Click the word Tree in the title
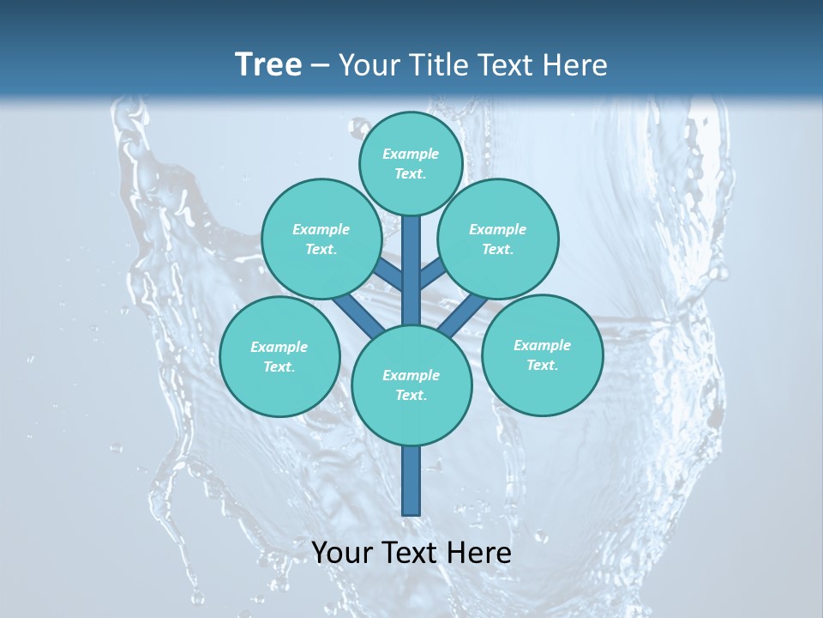point(268,65)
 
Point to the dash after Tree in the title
point(320,66)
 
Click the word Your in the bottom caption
point(342,553)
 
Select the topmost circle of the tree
point(411,163)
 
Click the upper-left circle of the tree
point(321,239)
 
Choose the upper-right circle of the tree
point(497,239)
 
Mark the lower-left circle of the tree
point(279,356)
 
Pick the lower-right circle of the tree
point(542,354)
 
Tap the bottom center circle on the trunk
point(411,385)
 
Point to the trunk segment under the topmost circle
point(411,266)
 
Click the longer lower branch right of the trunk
point(463,314)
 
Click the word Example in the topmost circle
point(411,154)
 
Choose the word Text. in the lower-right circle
point(542,365)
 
